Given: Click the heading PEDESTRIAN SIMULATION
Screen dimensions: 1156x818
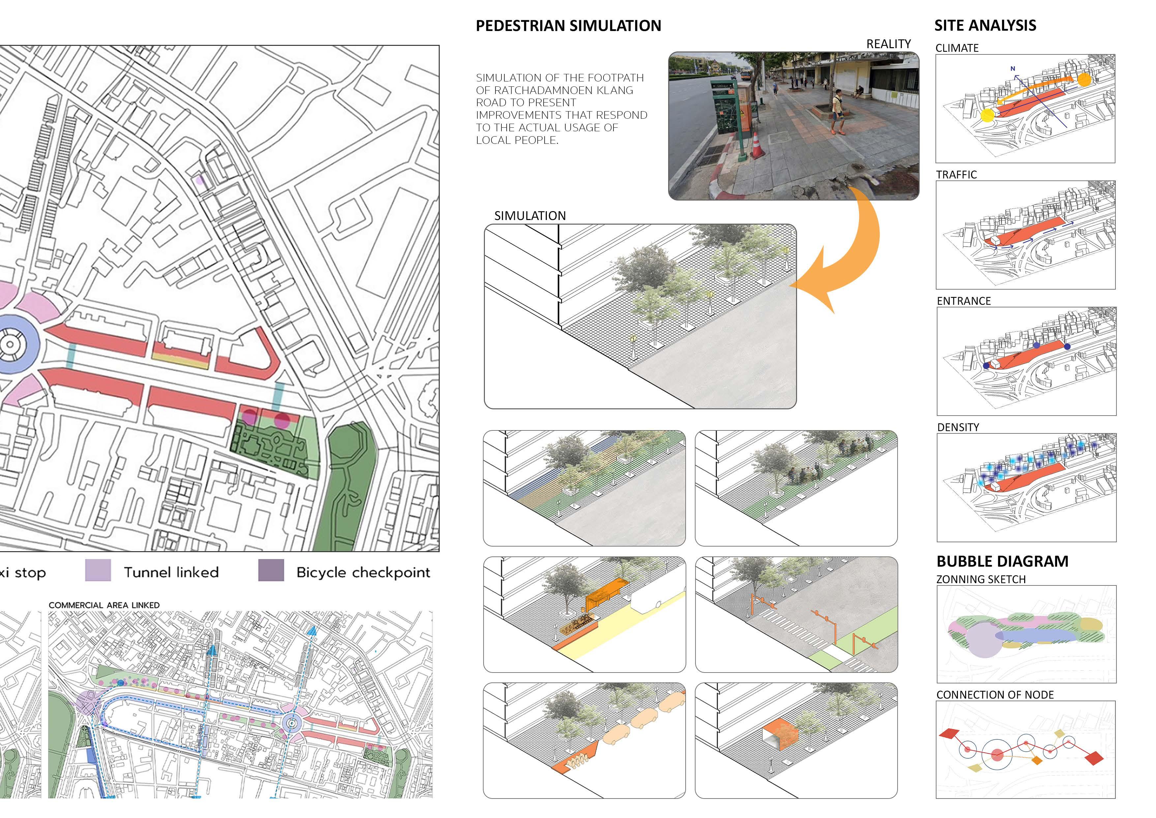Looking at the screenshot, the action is [568, 26].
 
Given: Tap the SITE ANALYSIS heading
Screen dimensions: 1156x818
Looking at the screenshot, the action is [985, 25].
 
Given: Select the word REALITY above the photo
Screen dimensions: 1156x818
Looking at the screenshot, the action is [888, 44].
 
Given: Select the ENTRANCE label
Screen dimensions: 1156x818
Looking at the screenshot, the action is [963, 301].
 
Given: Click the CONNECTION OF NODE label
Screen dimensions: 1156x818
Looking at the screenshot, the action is [994, 695].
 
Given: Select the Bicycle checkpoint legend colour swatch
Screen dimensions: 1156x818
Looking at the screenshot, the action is [271, 571].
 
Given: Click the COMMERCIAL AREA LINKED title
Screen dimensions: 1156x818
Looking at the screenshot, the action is [104, 605].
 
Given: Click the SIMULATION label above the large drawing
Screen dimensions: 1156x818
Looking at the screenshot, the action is [530, 216].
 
